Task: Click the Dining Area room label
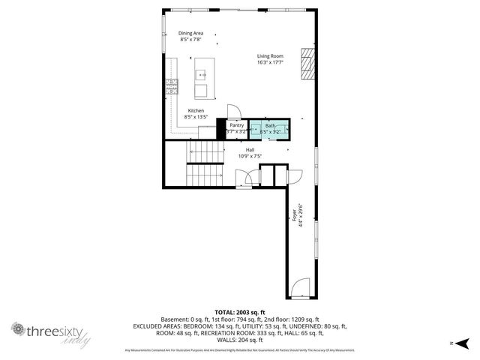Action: (x=190, y=33)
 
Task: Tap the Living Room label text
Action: (x=270, y=56)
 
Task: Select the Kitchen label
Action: (x=196, y=110)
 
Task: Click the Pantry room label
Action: (x=237, y=125)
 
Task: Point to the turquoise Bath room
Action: (x=269, y=129)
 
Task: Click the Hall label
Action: (x=249, y=150)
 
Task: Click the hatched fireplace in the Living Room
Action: (x=307, y=64)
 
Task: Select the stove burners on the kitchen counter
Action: (x=172, y=85)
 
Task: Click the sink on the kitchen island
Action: (x=201, y=74)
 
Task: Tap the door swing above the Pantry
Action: (x=233, y=112)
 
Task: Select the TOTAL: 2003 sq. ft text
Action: (x=240, y=312)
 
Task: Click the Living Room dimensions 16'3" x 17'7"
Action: (x=270, y=63)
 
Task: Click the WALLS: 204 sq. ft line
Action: (x=240, y=339)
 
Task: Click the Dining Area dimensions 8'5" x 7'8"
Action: (x=190, y=40)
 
